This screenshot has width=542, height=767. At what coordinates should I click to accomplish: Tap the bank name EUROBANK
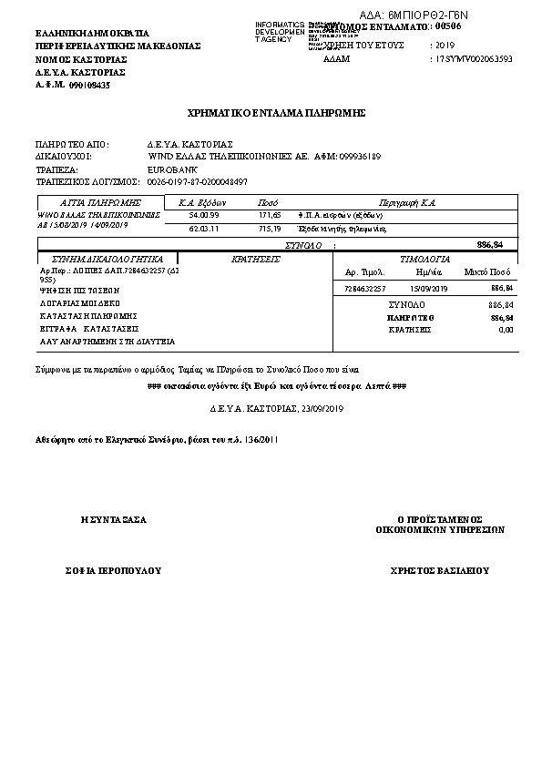(168, 169)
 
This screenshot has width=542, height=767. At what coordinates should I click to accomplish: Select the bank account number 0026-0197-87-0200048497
(197, 181)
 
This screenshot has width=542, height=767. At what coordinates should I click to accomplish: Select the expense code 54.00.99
(204, 215)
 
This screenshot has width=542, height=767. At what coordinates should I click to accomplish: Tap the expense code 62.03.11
(204, 229)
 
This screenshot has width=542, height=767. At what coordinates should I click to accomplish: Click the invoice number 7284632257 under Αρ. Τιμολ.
(366, 288)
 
